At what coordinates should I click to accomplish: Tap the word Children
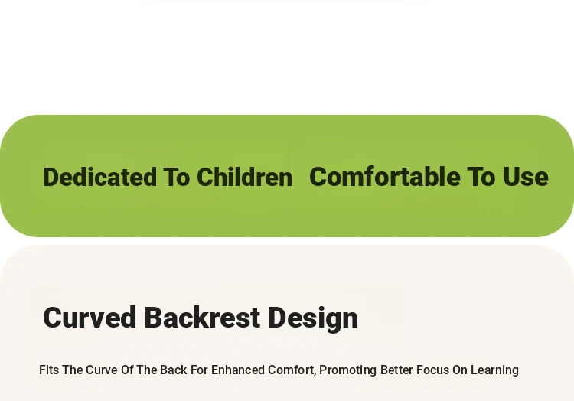click(x=245, y=177)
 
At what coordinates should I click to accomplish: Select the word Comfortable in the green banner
click(x=385, y=176)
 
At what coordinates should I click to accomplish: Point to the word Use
click(x=525, y=176)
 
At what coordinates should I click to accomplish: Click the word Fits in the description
click(x=49, y=370)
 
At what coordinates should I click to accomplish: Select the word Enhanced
click(x=238, y=370)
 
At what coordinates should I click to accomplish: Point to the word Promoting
click(x=347, y=370)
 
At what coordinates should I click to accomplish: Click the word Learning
click(x=494, y=370)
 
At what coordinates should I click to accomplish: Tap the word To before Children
click(x=177, y=177)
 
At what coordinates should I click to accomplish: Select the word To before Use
click(x=481, y=176)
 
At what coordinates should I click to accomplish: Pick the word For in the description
click(x=199, y=370)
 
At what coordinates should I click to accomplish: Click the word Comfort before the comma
click(x=291, y=370)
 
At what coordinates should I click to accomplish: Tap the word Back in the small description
click(x=174, y=370)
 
